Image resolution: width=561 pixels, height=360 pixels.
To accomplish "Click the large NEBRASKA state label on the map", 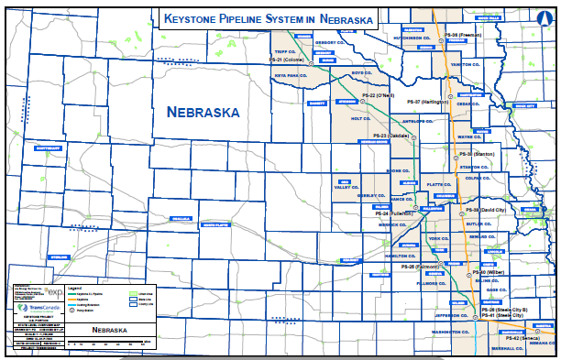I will point(203,112).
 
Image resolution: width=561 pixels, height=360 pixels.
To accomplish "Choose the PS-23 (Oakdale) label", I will point(391,136).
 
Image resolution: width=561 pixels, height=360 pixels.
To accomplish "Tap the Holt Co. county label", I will point(342,117).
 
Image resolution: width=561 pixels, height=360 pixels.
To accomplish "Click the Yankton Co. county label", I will point(466,65).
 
